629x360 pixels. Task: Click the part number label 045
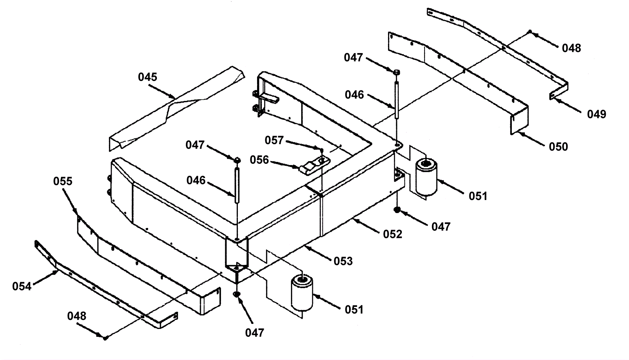point(147,77)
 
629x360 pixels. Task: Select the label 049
point(596,114)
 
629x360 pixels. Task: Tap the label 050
point(558,147)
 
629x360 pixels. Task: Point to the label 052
point(393,234)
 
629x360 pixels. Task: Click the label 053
point(343,261)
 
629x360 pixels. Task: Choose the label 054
point(22,287)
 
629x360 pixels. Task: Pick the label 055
point(63,181)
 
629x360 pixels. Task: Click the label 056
point(259,160)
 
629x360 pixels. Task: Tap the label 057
point(274,140)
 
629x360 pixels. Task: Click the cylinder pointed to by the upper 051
point(426,177)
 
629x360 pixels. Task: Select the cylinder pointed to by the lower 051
point(302,293)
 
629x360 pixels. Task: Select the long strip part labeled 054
point(102,291)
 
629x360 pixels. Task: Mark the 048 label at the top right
point(571,48)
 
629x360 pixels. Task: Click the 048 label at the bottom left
point(77,316)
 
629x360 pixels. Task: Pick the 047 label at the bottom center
point(254,333)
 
